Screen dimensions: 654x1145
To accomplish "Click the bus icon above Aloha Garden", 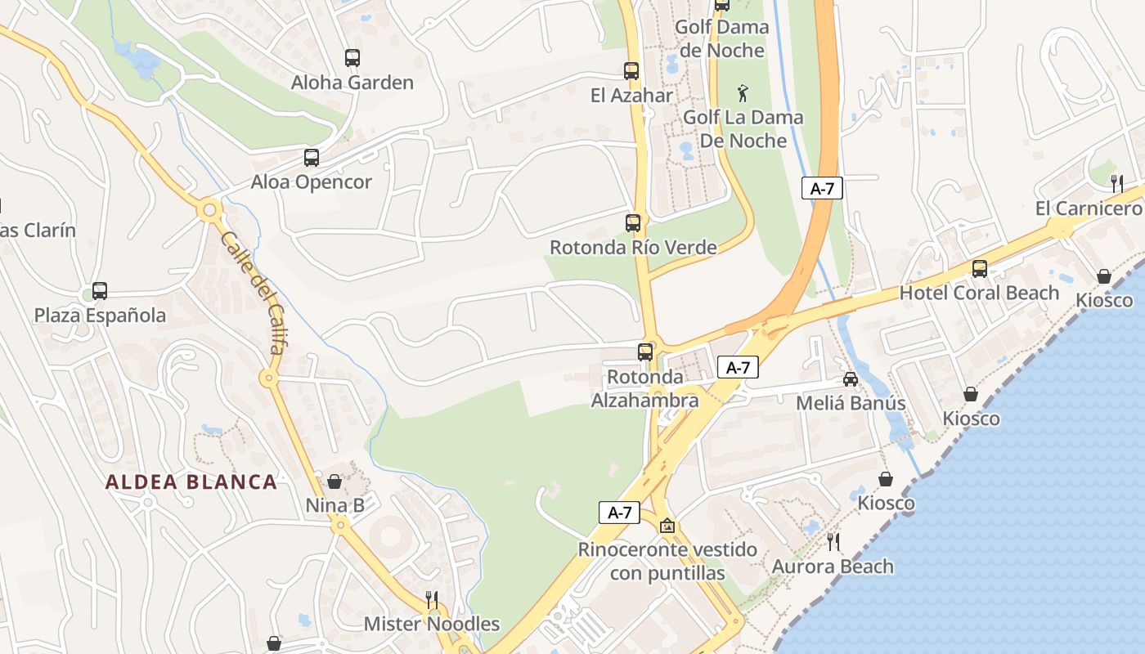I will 352,58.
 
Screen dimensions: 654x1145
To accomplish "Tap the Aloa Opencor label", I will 312,181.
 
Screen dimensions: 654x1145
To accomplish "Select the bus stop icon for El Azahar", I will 631,71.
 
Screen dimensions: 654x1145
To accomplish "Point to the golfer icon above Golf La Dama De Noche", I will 743,92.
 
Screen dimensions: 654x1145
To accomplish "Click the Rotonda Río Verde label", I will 633,247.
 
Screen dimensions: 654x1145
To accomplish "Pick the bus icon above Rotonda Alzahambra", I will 645,352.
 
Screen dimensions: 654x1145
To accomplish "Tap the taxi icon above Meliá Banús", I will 851,379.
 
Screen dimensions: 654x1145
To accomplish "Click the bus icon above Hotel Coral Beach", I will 979,268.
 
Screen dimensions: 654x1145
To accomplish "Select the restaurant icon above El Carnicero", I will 1117,183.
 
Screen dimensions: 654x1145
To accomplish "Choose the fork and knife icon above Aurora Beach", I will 833,541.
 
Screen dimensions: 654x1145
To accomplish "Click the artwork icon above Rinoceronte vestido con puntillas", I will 667,526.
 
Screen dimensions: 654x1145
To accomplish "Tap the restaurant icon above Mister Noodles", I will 432,600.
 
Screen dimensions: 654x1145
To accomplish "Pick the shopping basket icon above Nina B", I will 335,482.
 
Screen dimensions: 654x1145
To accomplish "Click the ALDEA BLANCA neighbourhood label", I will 191,482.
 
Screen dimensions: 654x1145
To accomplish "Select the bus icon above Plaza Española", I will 100,290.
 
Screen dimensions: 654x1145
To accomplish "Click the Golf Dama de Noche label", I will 721,38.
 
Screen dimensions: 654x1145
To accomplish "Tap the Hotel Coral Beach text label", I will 979,293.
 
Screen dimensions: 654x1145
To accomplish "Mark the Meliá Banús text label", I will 851,403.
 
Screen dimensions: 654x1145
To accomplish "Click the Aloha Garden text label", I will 352,83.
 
